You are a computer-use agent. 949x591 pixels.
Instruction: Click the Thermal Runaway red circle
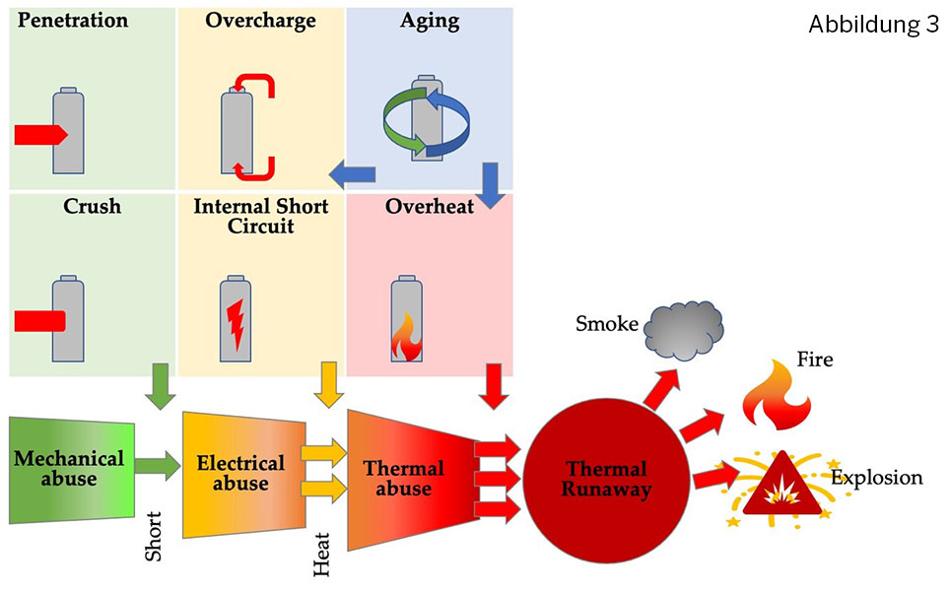605,479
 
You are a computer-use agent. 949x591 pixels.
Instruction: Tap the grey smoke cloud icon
683,329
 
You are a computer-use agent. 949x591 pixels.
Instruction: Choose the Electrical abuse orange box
242,473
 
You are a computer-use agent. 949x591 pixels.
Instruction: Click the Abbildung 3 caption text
873,26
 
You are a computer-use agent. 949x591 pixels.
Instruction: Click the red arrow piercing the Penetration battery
40,135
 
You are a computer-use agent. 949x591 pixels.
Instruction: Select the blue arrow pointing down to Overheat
489,180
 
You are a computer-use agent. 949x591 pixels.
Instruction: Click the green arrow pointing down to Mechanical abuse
159,387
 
